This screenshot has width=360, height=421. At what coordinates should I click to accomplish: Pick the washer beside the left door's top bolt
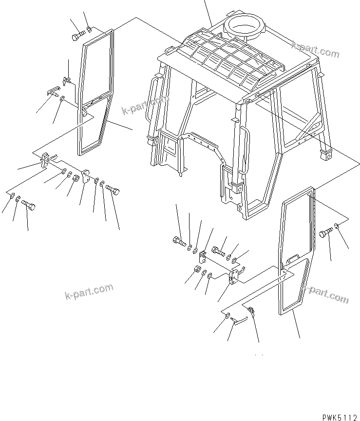(89, 33)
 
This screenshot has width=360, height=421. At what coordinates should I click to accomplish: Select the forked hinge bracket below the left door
(45, 159)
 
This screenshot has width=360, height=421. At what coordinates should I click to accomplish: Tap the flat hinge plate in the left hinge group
(87, 175)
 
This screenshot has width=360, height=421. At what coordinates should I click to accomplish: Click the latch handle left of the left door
(54, 91)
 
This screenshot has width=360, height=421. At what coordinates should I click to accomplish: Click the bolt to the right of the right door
(325, 234)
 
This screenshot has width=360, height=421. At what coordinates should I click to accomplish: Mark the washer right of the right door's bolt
(338, 227)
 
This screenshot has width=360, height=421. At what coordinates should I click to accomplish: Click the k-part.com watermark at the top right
(316, 49)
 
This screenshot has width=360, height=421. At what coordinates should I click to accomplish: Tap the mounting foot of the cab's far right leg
(325, 155)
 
